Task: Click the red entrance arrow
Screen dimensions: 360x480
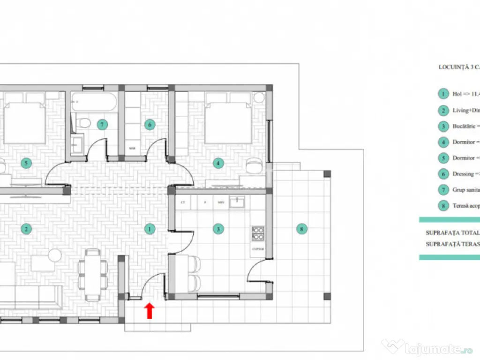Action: tap(150, 310)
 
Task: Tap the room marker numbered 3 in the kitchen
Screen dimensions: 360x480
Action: tap(218, 229)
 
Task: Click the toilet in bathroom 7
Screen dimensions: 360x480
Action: tap(84, 123)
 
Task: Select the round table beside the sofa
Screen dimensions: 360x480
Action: tap(55, 255)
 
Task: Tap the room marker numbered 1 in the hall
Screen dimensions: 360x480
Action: tap(150, 229)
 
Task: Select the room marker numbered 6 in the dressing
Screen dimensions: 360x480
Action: tap(150, 124)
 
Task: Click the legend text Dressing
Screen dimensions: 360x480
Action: tap(463, 174)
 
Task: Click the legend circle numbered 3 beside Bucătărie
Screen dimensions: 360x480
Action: tap(442, 126)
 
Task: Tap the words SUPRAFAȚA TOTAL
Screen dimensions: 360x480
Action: tap(452, 232)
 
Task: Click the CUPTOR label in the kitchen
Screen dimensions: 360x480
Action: tap(258, 250)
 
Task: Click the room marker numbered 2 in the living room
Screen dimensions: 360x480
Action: tap(26, 229)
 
